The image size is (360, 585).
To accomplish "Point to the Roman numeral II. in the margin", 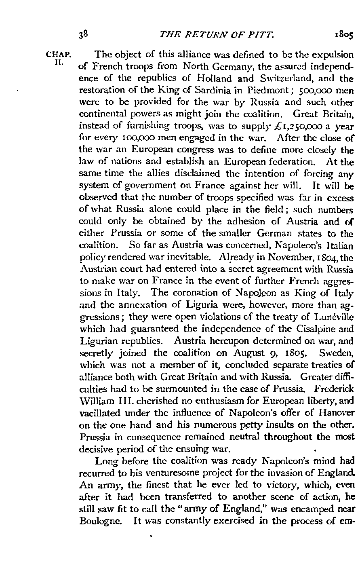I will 60,63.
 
